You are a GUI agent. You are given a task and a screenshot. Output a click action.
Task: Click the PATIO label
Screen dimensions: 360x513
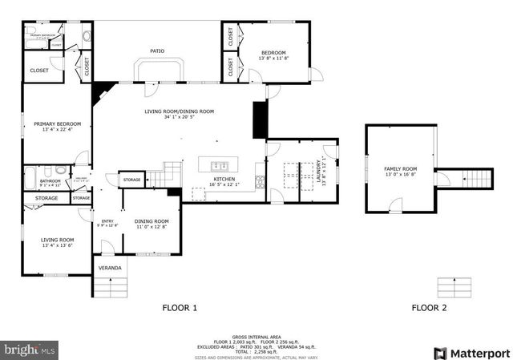157,51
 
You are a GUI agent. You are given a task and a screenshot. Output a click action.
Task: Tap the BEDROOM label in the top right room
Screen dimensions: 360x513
273,53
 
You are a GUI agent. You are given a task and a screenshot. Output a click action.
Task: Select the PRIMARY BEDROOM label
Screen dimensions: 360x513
57,124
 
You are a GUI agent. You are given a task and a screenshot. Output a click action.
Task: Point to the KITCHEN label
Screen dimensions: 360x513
224,179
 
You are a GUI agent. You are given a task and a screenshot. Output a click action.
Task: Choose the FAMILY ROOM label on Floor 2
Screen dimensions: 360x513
401,168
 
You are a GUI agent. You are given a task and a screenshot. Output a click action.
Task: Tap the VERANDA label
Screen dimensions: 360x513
110,266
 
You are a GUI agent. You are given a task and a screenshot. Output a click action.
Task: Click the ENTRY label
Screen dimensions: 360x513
107,221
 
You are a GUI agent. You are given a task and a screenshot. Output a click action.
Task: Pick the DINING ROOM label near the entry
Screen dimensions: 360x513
151,221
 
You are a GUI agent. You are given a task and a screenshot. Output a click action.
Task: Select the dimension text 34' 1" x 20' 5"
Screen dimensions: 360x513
180,117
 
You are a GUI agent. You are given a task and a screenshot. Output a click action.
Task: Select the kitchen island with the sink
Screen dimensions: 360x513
220,165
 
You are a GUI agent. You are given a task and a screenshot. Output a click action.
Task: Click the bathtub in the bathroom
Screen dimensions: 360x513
31,175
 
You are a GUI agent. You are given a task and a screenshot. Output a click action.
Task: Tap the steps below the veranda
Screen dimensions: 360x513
112,287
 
